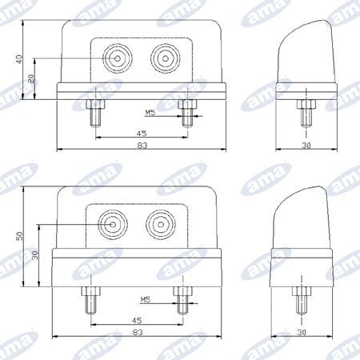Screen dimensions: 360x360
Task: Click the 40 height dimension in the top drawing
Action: click(x=19, y=59)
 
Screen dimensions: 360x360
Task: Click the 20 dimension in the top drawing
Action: click(x=31, y=78)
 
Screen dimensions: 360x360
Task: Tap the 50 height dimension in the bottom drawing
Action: click(x=20, y=236)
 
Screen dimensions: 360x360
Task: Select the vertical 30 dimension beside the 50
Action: click(x=35, y=255)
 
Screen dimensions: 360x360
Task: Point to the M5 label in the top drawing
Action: click(x=150, y=113)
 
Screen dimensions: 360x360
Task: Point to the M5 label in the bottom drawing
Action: click(x=146, y=300)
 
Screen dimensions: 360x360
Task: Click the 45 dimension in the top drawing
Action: click(x=142, y=134)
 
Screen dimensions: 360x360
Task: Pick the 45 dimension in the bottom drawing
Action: click(x=137, y=321)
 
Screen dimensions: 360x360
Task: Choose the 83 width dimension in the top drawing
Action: click(x=142, y=146)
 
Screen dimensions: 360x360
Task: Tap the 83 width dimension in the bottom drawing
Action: click(x=138, y=333)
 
